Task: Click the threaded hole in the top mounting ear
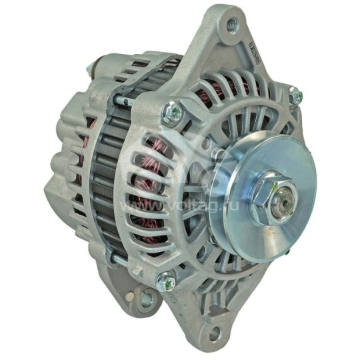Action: tap(231, 25)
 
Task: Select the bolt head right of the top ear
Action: tap(294, 95)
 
